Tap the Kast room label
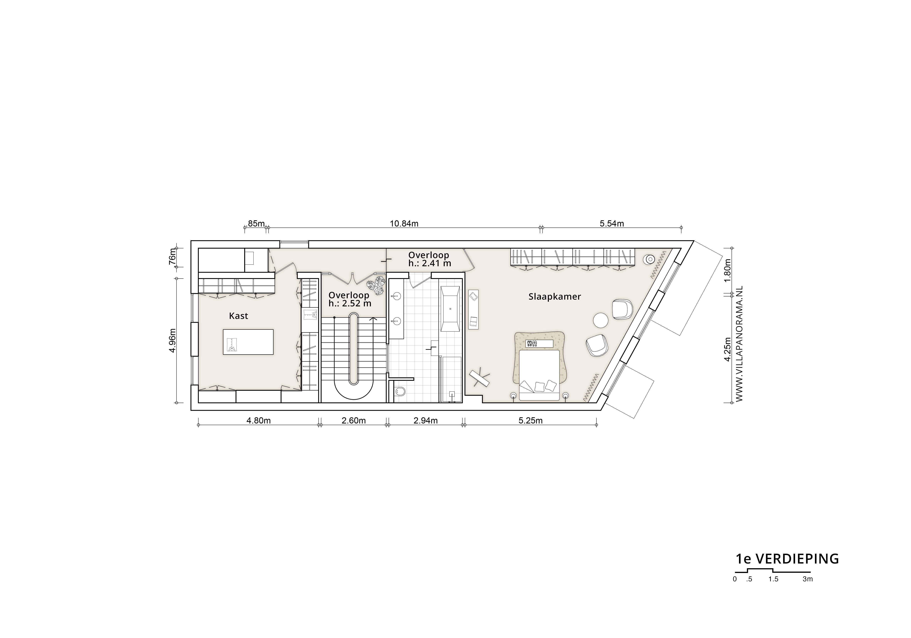point(239,316)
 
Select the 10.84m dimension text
point(404,224)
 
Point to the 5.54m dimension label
point(612,224)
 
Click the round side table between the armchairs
point(601,320)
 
